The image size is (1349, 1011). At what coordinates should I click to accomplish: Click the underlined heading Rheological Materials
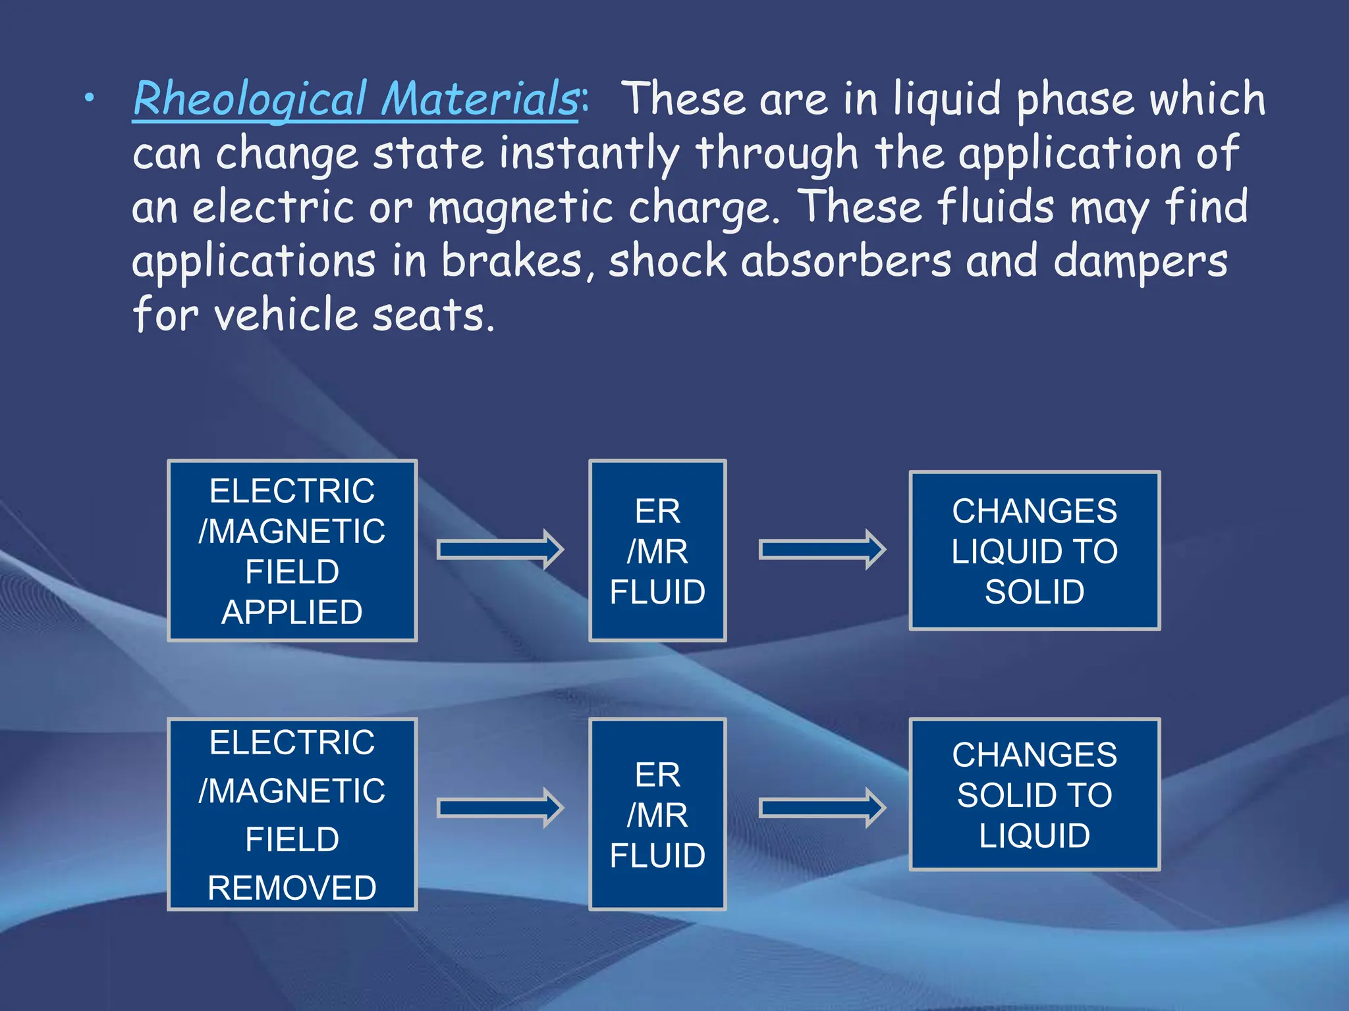[356, 99]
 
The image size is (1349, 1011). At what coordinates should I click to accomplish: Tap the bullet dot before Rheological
[90, 99]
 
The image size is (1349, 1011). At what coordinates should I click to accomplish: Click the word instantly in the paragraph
[588, 153]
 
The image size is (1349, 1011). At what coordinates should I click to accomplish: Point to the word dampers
[1140, 262]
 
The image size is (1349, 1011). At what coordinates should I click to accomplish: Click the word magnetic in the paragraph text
[521, 208]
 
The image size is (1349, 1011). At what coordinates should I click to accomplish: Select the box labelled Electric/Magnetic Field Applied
[292, 550]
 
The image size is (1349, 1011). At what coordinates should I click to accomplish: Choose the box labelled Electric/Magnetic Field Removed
[292, 814]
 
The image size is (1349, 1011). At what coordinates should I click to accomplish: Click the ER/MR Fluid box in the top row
[657, 550]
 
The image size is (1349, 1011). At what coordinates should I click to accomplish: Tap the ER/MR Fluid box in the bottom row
[657, 814]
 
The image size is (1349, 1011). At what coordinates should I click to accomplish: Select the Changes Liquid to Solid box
[1034, 550]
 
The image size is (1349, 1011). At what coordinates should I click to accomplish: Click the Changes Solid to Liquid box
[1034, 794]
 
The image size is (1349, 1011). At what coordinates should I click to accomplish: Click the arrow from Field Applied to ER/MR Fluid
[500, 549]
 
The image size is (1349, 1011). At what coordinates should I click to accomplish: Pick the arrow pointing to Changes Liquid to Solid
[822, 549]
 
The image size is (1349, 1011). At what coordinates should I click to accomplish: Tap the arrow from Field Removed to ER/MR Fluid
[500, 808]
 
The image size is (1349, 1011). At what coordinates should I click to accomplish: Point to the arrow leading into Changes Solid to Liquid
[822, 808]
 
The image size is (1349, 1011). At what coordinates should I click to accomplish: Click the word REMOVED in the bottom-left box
[292, 887]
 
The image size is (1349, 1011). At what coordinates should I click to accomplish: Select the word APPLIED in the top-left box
[292, 612]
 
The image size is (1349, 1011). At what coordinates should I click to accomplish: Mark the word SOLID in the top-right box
[1034, 592]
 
